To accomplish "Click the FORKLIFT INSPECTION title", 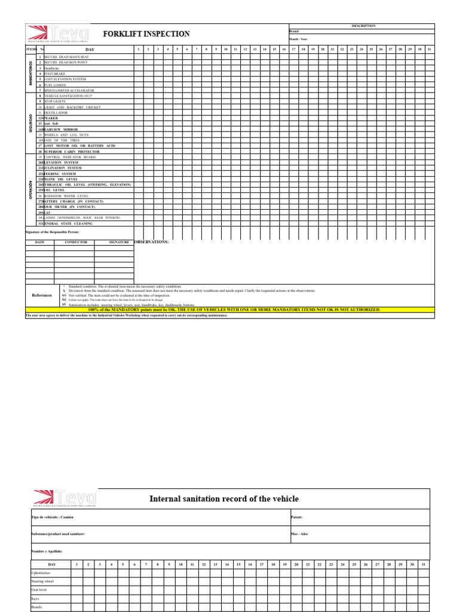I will pyautogui.click(x=146, y=34).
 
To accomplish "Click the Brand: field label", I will pyautogui.click(x=294, y=31).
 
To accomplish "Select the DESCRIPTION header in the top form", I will pyautogui.click(x=363, y=26).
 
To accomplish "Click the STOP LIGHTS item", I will pyautogui.click(x=55, y=102).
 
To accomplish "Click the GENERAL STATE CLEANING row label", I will pyautogui.click(x=68, y=224).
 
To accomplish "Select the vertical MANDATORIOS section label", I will pyautogui.click(x=31, y=74).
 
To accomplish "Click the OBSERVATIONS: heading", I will pyautogui.click(x=152, y=242).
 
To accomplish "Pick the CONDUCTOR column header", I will pyautogui.click(x=74, y=242).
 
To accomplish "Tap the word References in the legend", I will pyautogui.click(x=42, y=295).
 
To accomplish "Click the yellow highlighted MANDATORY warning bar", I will pyautogui.click(x=229, y=310).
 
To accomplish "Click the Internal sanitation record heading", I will pyautogui.click(x=224, y=498).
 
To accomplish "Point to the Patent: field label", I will pyautogui.click(x=297, y=517).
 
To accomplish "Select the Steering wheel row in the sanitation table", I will pyautogui.click(x=42, y=581).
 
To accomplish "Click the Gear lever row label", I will pyautogui.click(x=39, y=589).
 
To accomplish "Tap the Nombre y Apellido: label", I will pyautogui.click(x=47, y=551).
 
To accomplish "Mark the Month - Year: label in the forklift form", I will pyautogui.click(x=298, y=39).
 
